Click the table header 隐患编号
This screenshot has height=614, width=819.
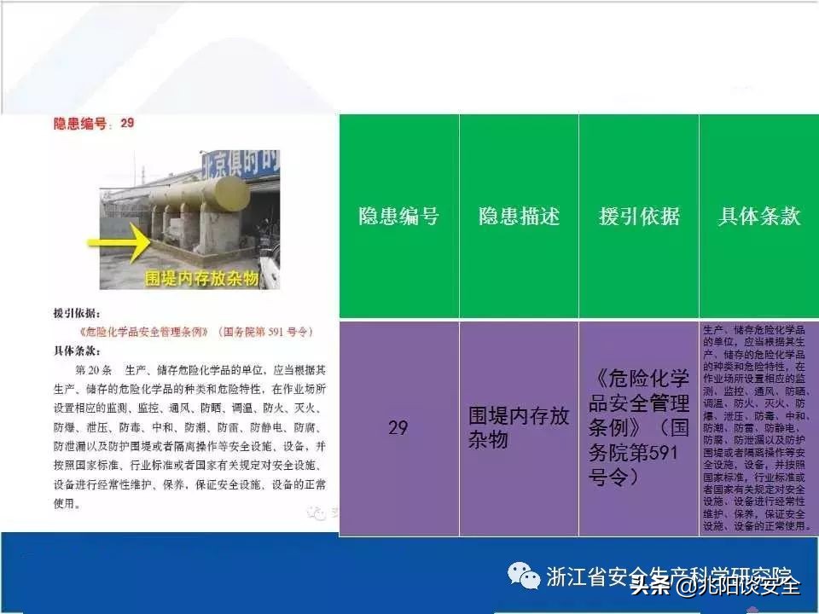tap(398, 217)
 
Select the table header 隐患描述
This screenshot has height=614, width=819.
tap(519, 217)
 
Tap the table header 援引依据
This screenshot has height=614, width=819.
tap(639, 217)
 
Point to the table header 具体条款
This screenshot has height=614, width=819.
tap(758, 217)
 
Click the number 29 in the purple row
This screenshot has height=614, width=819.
tap(398, 427)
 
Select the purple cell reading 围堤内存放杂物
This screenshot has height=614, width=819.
tap(519, 427)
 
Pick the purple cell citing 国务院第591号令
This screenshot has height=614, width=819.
tap(639, 427)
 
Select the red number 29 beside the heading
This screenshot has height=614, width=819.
tap(127, 124)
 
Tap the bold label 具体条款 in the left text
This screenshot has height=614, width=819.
tap(76, 350)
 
